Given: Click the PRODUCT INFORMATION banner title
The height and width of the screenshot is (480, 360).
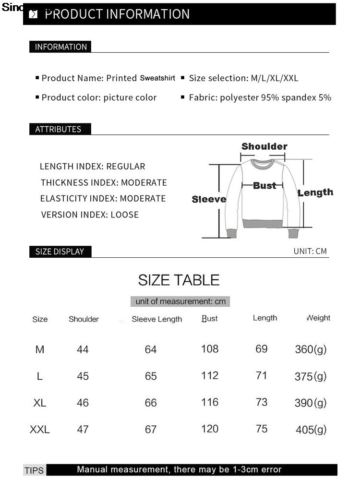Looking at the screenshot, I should (117, 14).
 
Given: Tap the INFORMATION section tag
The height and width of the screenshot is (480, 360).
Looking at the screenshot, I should (60, 47).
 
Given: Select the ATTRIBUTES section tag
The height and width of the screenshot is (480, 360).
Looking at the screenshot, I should (58, 129).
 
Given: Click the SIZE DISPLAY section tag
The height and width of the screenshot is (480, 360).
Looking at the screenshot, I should (60, 252).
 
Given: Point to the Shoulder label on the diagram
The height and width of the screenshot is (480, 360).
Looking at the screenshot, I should (264, 146).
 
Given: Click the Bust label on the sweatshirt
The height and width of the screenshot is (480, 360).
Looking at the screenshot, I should (264, 185).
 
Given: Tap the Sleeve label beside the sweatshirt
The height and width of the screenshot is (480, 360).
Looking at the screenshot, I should (209, 199).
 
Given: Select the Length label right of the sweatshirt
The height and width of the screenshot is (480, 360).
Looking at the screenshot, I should (315, 192).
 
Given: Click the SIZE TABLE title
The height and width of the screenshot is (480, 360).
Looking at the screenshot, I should (179, 280).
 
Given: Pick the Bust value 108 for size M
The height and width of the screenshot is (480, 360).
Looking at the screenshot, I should (210, 349).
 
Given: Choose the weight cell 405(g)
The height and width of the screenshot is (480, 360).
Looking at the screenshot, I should (311, 430).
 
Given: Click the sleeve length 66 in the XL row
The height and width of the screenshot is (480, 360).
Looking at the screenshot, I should (151, 403).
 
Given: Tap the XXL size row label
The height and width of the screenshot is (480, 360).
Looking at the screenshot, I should (40, 430).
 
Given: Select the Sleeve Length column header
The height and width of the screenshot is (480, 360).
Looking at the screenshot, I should (157, 319).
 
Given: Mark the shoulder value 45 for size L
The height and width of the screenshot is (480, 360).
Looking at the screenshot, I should (83, 376).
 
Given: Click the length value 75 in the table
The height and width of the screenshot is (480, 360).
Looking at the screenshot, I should (262, 429).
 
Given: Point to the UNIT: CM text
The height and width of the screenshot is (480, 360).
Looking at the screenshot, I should (310, 251).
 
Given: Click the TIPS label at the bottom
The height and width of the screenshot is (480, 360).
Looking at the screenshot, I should (34, 470).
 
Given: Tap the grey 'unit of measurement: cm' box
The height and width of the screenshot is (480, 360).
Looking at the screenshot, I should (180, 301).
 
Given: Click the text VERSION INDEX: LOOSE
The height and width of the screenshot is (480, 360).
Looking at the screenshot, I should (90, 215).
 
